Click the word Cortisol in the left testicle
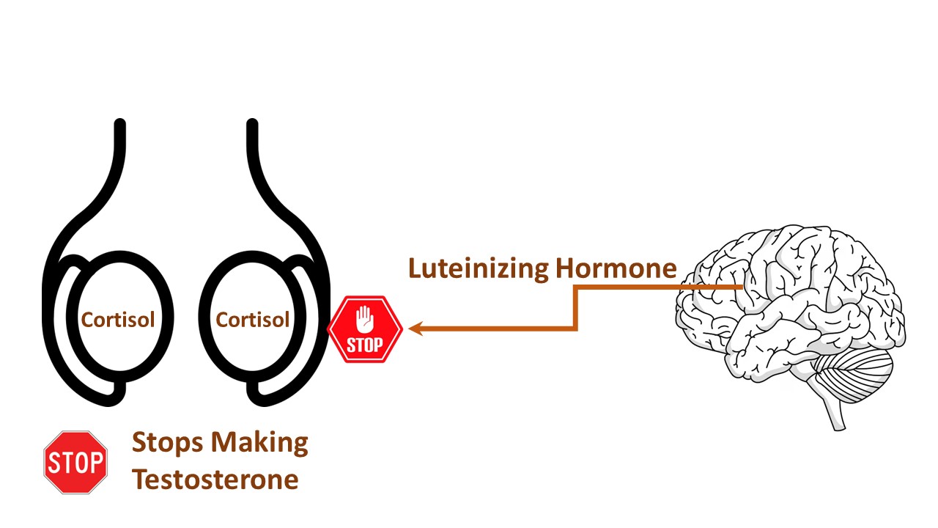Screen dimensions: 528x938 (x=118, y=320)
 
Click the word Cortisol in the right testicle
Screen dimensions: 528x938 (x=253, y=320)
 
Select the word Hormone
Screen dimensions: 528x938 (x=616, y=268)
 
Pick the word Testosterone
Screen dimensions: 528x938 (x=215, y=479)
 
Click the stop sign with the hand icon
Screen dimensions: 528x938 (x=365, y=329)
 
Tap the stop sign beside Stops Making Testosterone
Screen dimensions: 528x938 (x=75, y=462)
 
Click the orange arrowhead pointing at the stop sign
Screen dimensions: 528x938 (x=416, y=329)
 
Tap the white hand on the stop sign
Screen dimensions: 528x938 (x=364, y=319)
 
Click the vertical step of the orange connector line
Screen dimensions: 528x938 (x=577, y=308)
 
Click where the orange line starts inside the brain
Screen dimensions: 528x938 (x=742, y=287)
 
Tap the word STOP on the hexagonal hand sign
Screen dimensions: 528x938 (x=365, y=345)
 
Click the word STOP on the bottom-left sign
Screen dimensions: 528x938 (x=75, y=463)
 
